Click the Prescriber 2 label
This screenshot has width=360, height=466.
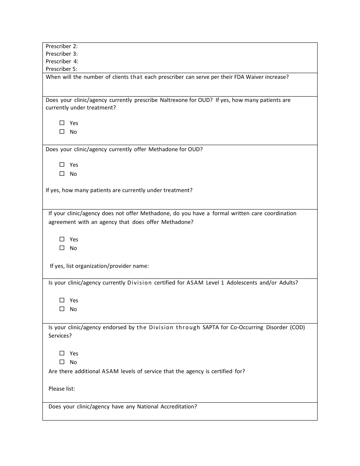pyautogui.click(x=61, y=46)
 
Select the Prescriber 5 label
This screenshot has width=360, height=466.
pyautogui.click(x=61, y=69)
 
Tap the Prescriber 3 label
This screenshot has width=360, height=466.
pyautogui.click(x=61, y=54)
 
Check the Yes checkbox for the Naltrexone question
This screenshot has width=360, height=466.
pyautogui.click(x=62, y=123)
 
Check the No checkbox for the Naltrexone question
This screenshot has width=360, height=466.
pyautogui.click(x=62, y=132)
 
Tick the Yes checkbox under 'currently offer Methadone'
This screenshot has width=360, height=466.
pyautogui.click(x=62, y=165)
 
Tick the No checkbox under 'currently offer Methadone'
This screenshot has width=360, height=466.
pyautogui.click(x=62, y=174)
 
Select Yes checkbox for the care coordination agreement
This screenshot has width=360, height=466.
pyautogui.click(x=62, y=239)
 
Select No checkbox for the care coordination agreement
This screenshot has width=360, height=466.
pyautogui.click(x=62, y=248)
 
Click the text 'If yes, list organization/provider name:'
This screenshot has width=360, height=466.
pyautogui.click(x=99, y=266)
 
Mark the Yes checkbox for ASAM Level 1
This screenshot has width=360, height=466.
pyautogui.click(x=62, y=300)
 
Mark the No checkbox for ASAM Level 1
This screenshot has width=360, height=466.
pyautogui.click(x=62, y=309)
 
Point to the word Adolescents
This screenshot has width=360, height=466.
pyautogui.click(x=242, y=283)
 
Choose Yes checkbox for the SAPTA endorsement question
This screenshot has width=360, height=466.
pyautogui.click(x=62, y=353)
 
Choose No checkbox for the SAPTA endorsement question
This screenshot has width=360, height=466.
pyautogui.click(x=62, y=362)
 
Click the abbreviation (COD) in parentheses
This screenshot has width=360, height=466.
pyautogui.click(x=297, y=327)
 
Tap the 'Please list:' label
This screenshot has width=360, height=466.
pyautogui.click(x=62, y=389)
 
